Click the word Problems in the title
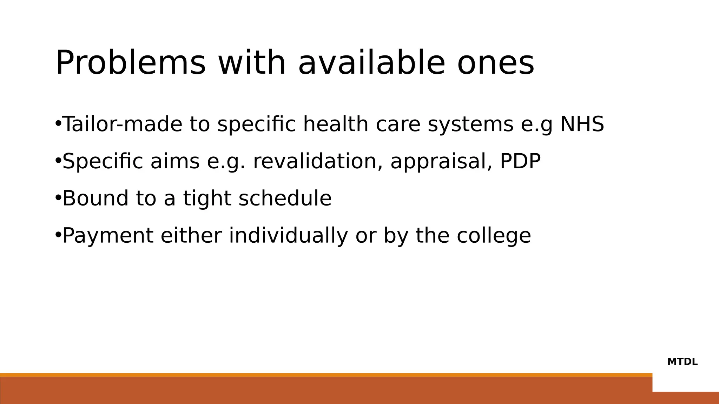(x=130, y=63)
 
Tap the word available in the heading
(x=371, y=63)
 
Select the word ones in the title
(x=495, y=63)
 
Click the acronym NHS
(x=582, y=124)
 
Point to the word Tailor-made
(x=123, y=124)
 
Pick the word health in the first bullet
(x=336, y=124)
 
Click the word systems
(x=470, y=125)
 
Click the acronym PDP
(x=520, y=161)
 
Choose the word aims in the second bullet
(x=175, y=161)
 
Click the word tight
(x=207, y=199)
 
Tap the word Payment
(x=108, y=236)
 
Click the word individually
(x=288, y=236)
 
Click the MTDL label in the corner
(x=682, y=362)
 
